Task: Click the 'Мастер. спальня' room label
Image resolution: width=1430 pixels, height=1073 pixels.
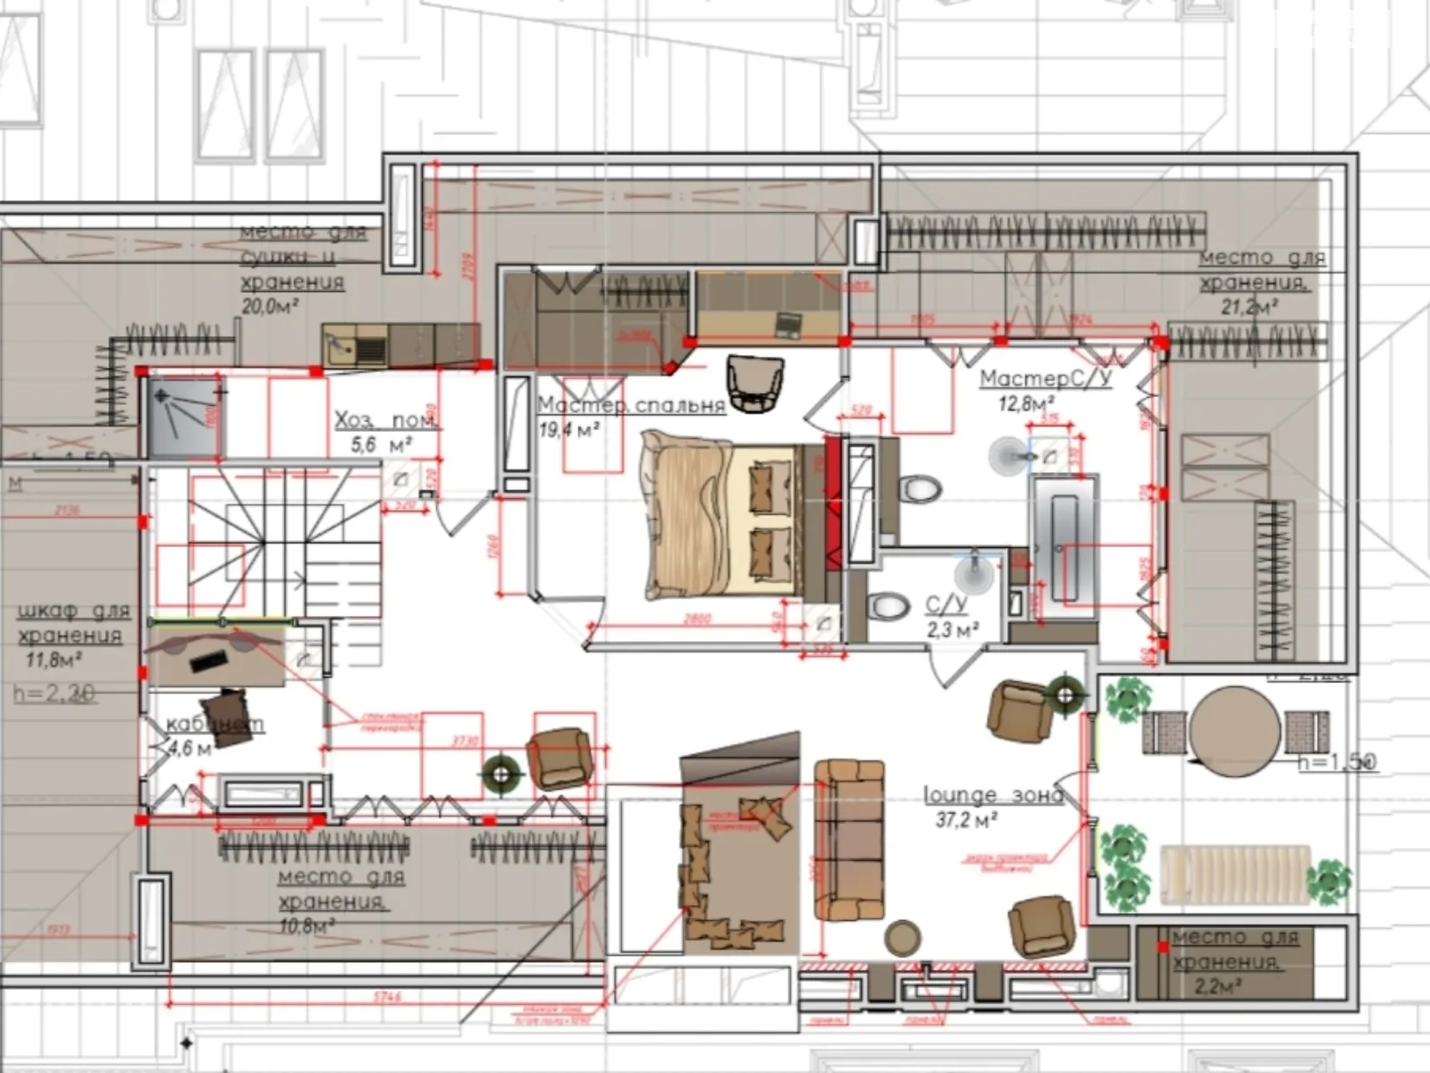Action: point(631,405)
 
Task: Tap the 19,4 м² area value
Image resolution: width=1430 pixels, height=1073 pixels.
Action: point(568,430)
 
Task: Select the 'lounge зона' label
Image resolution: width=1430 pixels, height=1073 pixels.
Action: point(993,794)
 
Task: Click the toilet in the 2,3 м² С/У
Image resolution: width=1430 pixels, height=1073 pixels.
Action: point(888,607)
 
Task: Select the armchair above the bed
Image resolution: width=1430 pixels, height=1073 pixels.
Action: point(755,383)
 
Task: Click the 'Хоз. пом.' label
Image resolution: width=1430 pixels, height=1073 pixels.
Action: point(385,420)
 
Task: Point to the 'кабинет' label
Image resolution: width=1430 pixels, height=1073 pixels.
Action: point(215,723)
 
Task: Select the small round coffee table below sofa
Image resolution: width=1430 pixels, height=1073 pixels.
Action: point(903,938)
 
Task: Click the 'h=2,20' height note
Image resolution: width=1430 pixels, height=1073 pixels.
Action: point(54,693)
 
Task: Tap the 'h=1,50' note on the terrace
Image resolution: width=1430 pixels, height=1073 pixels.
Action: point(1337,763)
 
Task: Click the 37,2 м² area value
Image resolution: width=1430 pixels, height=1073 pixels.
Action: point(966,818)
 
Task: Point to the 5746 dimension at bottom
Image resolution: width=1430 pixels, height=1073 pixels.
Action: point(386,996)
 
